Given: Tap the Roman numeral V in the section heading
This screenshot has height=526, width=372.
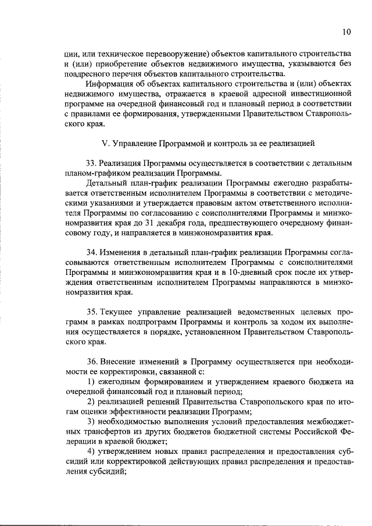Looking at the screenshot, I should click(x=105, y=142).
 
